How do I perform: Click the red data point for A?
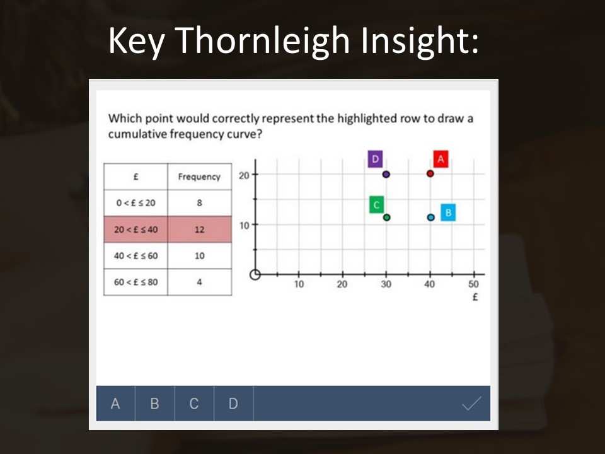pyautogui.click(x=430, y=174)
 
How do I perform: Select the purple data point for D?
pyautogui.click(x=386, y=174)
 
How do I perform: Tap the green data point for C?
pyautogui.click(x=386, y=218)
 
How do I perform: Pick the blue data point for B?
pyautogui.click(x=431, y=218)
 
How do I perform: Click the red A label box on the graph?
pyautogui.click(x=441, y=159)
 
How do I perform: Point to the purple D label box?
pyautogui.click(x=375, y=159)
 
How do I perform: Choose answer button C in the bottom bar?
pyautogui.click(x=194, y=404)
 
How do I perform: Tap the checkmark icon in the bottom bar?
pyautogui.click(x=471, y=404)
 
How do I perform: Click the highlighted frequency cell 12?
pyautogui.click(x=200, y=230)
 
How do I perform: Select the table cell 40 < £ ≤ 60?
pyautogui.click(x=136, y=255)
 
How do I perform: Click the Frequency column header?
pyautogui.click(x=200, y=177)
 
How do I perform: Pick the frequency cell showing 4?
pyautogui.click(x=200, y=282)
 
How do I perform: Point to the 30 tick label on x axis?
pyautogui.click(x=386, y=284)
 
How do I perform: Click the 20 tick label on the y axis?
pyautogui.click(x=244, y=176)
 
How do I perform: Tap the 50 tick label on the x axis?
pyautogui.click(x=473, y=284)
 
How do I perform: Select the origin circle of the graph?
pyautogui.click(x=255, y=274)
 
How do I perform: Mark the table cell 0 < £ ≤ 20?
pyautogui.click(x=136, y=202)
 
